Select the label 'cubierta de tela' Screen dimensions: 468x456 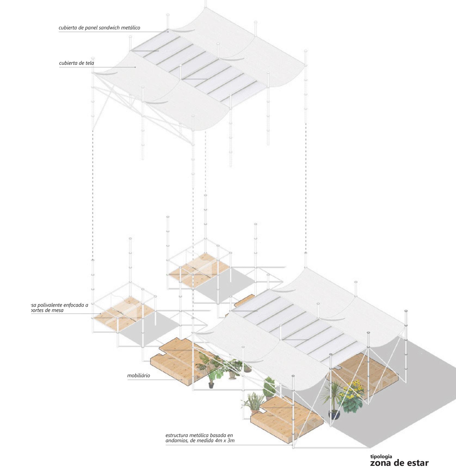76,63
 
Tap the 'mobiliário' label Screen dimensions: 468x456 139,376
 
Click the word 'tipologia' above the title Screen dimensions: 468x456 381,457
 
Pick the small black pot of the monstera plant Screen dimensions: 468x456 211,385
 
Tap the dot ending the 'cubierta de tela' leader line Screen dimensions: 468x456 136,67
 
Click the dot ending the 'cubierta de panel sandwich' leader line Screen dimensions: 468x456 168,32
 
